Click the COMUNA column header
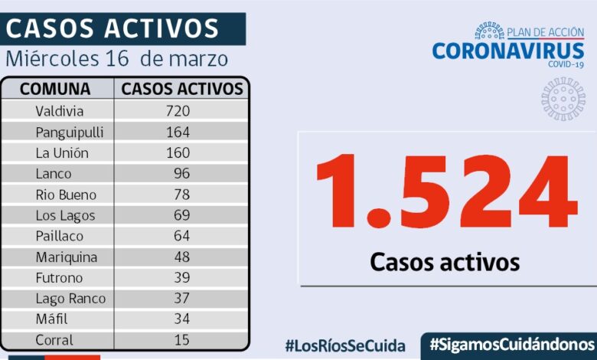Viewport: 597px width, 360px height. (55, 89)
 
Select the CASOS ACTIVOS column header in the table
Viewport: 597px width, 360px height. (182, 89)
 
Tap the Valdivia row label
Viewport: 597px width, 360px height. (60, 111)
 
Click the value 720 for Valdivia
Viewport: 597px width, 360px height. (178, 111)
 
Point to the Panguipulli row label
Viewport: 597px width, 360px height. (70, 132)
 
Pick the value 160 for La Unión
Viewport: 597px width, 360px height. (178, 152)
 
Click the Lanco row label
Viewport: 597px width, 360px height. (53, 173)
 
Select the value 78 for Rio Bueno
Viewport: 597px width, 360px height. (181, 195)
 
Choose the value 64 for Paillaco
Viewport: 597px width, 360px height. (181, 236)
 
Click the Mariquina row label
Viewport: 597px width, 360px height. (67, 257)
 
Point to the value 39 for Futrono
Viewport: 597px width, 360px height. (181, 277)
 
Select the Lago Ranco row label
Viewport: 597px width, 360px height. (70, 299)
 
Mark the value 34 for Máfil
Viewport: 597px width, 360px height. (181, 319)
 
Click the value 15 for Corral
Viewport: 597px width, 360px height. (181, 340)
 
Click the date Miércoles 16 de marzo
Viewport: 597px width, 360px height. (116, 59)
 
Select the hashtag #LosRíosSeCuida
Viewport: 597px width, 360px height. (345, 345)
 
